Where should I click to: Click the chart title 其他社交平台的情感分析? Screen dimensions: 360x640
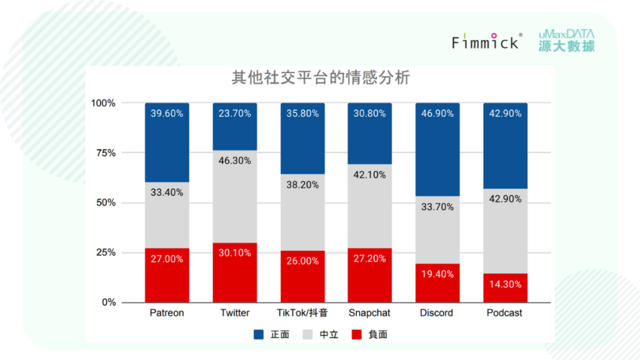[321, 78]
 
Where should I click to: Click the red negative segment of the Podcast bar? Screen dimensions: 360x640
[505, 288]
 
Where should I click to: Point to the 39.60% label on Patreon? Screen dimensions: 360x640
[167, 113]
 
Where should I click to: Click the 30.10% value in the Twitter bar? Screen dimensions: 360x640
[235, 252]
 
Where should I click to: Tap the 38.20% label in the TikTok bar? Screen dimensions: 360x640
[302, 184]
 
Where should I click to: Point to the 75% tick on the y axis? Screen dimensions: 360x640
[104, 152]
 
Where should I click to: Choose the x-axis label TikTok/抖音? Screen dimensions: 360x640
[302, 312]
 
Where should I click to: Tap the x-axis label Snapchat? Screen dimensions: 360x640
[370, 312]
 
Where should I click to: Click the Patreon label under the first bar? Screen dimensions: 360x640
[167, 312]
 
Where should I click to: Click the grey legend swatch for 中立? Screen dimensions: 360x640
[308, 335]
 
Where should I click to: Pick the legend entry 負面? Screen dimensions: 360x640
[369, 335]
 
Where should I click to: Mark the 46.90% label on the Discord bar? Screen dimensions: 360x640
[437, 113]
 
